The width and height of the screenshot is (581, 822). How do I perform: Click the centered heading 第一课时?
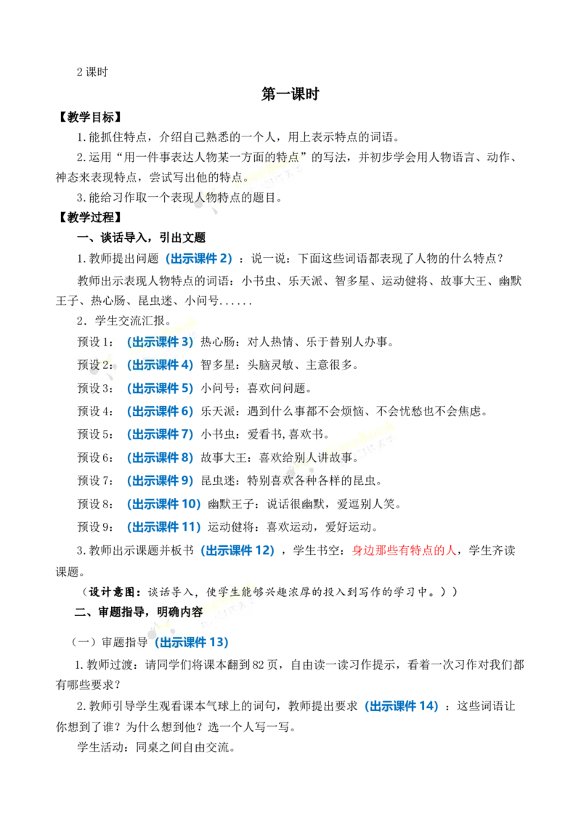(x=290, y=94)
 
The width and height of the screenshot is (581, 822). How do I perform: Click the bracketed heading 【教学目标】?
(x=90, y=117)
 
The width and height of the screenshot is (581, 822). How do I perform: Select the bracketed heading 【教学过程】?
(x=90, y=217)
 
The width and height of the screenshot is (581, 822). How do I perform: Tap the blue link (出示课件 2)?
(x=199, y=258)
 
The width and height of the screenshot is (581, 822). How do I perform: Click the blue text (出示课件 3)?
(x=160, y=342)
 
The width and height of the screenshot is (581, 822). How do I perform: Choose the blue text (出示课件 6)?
(x=160, y=412)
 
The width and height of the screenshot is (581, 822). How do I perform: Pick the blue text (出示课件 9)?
(x=160, y=481)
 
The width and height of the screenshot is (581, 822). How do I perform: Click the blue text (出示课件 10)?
(x=163, y=504)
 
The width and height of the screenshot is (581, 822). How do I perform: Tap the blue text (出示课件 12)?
(x=237, y=550)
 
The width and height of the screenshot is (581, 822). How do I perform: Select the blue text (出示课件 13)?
(x=192, y=642)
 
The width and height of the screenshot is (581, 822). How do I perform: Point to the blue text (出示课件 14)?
(x=402, y=706)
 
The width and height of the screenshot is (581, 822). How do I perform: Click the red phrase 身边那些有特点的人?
(x=404, y=550)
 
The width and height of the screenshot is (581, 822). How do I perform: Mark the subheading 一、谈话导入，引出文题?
(x=141, y=238)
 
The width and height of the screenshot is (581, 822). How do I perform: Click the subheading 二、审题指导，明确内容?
(x=139, y=612)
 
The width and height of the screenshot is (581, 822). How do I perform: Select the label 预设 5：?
(x=95, y=434)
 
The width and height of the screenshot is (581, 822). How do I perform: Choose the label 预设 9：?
(x=95, y=527)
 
